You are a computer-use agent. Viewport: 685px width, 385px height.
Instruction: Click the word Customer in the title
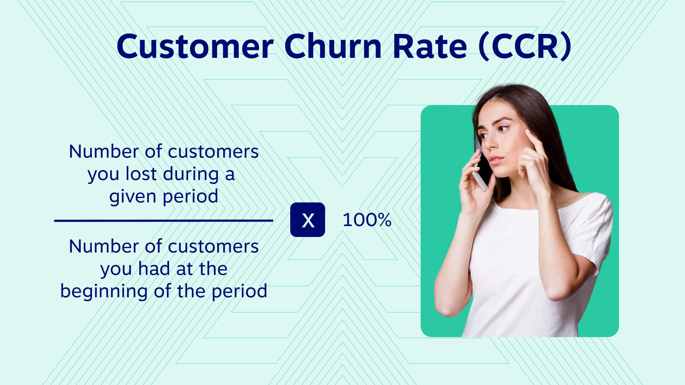tap(195, 47)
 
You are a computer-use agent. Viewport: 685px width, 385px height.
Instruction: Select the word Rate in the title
tap(430, 47)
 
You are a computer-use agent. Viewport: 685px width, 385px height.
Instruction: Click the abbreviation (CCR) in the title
tap(525, 47)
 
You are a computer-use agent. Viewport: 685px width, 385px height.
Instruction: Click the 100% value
tap(367, 220)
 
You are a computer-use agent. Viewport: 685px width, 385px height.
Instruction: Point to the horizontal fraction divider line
tap(163, 220)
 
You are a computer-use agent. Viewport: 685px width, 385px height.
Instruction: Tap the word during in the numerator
tap(191, 174)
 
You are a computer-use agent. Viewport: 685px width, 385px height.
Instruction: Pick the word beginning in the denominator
tap(104, 291)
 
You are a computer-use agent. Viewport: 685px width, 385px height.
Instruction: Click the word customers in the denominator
tap(213, 247)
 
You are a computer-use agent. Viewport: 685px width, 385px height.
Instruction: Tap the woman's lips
tap(496, 160)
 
